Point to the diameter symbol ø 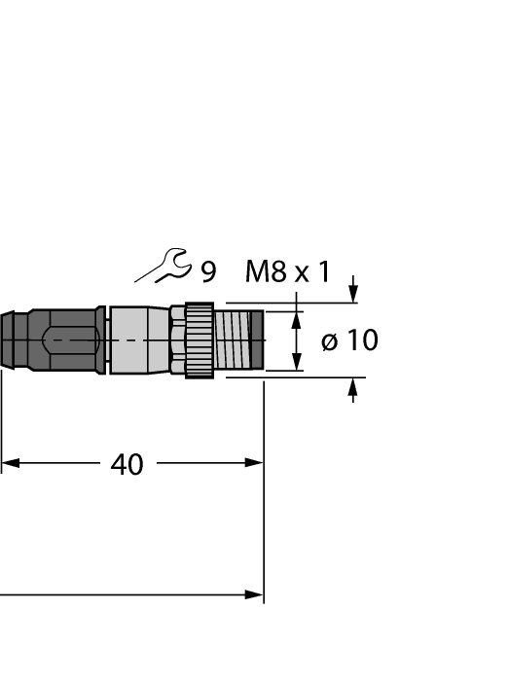coord(329,341)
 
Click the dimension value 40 coord(127,465)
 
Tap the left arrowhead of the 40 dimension coord(10,462)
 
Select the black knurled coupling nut coord(200,340)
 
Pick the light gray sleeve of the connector coord(139,340)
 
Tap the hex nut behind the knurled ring coord(177,340)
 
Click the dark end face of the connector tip coord(258,340)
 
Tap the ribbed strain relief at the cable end coord(12,340)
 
